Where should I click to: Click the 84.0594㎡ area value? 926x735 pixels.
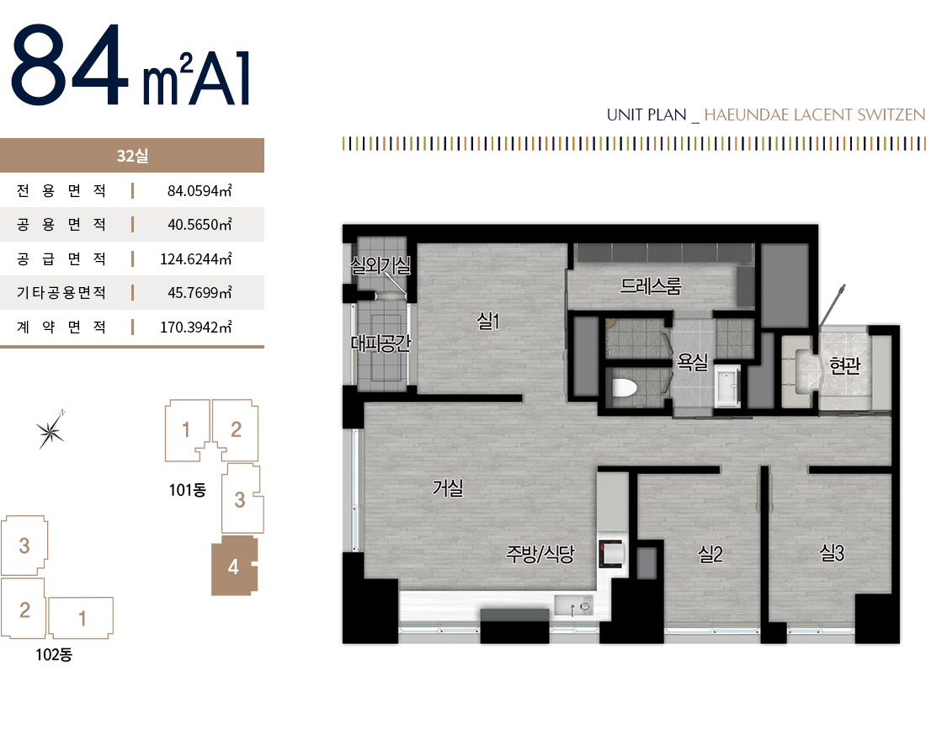coord(200,191)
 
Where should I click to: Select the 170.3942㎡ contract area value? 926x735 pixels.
coord(196,328)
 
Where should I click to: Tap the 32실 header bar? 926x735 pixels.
coord(132,156)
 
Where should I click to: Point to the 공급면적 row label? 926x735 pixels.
coord(61,258)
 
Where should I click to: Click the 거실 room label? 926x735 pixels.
coord(448,488)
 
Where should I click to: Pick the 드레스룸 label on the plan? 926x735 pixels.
coord(651,286)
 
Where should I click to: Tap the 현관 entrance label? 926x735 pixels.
coord(845,365)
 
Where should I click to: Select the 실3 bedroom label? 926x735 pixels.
coord(832,553)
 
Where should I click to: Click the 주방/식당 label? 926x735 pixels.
coord(540,554)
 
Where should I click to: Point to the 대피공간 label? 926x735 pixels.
coord(381,343)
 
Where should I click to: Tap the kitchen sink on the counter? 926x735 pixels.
coord(573,605)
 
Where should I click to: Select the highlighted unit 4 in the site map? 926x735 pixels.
coord(235,566)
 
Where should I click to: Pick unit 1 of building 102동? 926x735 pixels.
coord(81,618)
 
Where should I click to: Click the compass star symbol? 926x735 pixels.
coord(51,430)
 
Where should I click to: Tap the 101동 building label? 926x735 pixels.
coord(187,490)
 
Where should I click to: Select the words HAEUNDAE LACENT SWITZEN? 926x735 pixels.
coord(814,115)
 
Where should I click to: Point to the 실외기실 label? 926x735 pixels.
coord(381,265)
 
